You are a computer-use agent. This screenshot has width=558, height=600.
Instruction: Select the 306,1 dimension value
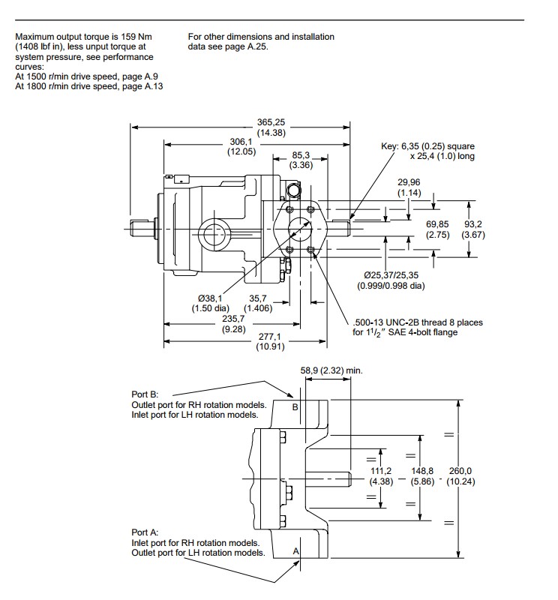[x=241, y=141]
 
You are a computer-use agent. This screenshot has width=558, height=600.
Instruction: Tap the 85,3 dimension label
[x=301, y=156]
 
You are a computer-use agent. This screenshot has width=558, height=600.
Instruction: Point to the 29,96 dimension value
[x=409, y=181]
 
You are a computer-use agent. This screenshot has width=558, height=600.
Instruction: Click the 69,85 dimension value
[x=437, y=224]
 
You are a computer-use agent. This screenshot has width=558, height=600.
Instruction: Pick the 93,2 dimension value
[x=473, y=224]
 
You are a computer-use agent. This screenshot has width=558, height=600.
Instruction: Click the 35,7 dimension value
[x=258, y=298]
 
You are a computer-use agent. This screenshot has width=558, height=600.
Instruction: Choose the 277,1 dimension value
[x=269, y=337]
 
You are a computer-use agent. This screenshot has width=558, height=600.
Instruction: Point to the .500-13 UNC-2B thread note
[x=418, y=322]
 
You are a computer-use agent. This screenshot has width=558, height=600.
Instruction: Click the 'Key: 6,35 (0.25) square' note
[x=428, y=146]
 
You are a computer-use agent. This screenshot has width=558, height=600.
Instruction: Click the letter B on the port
[x=295, y=407]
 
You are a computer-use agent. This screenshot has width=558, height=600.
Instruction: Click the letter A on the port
[x=295, y=551]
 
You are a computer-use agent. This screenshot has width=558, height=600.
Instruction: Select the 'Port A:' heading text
[x=146, y=532]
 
